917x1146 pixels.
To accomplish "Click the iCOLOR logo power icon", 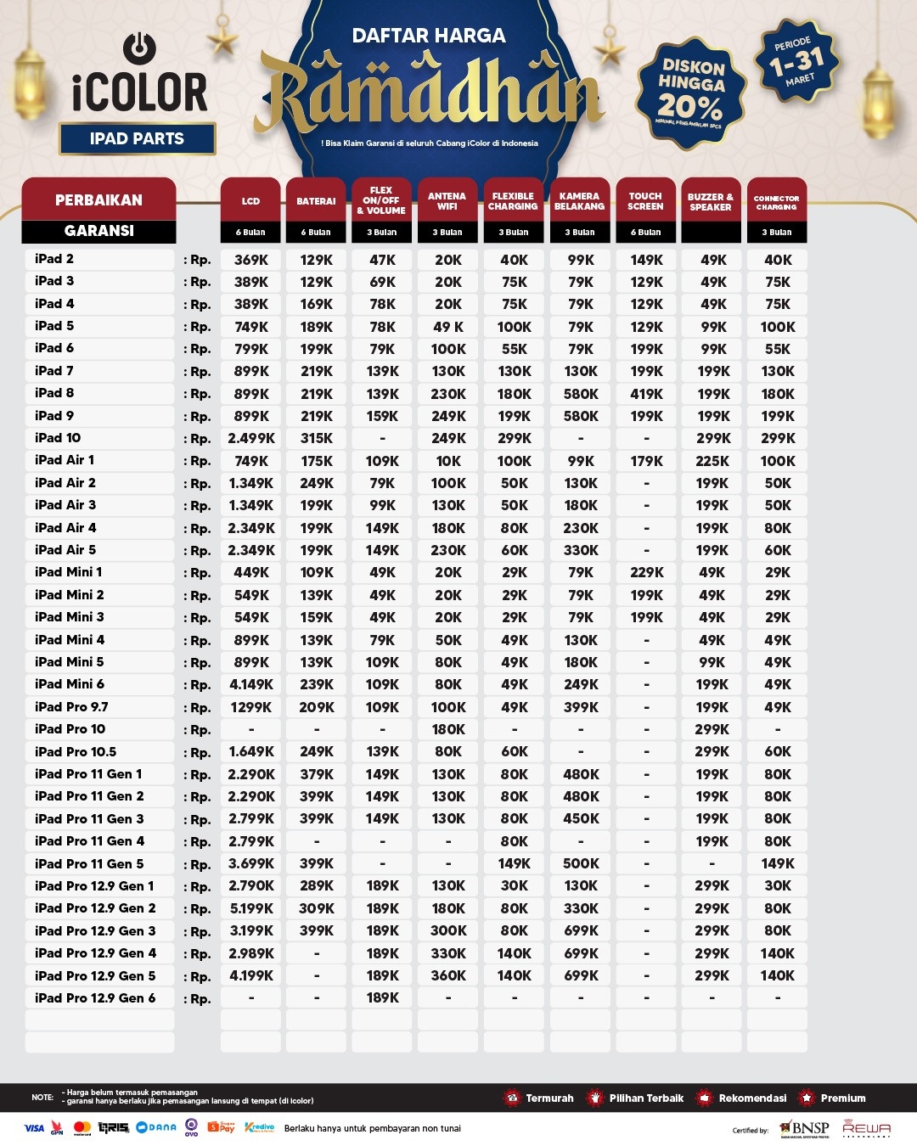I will [x=139, y=48].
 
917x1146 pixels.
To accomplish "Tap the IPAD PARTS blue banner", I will [x=137, y=139].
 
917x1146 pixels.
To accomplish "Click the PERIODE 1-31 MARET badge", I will [x=796, y=61].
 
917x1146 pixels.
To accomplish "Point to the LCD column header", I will [x=250, y=201].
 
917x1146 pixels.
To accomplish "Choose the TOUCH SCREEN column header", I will [x=645, y=201].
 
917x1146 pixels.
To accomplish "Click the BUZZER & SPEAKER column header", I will [x=711, y=201].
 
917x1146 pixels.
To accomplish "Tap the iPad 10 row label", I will [x=58, y=438].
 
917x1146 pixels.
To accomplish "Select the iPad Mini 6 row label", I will [x=70, y=684].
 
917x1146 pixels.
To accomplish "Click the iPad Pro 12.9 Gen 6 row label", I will [x=95, y=998].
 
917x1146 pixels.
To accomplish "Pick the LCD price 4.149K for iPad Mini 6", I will [x=251, y=684].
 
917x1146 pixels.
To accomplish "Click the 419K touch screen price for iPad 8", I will [x=646, y=394].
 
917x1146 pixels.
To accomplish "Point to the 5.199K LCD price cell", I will [x=251, y=908].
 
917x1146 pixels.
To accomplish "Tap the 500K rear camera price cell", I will [x=581, y=863].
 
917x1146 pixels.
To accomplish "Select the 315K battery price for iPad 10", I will [x=317, y=438].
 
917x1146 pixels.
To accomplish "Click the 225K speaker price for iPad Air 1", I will [x=712, y=461].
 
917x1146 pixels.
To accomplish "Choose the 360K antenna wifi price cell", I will [x=448, y=975].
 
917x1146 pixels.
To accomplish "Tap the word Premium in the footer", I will [x=842, y=1098].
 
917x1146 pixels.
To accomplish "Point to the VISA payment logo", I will [x=34, y=1128].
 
